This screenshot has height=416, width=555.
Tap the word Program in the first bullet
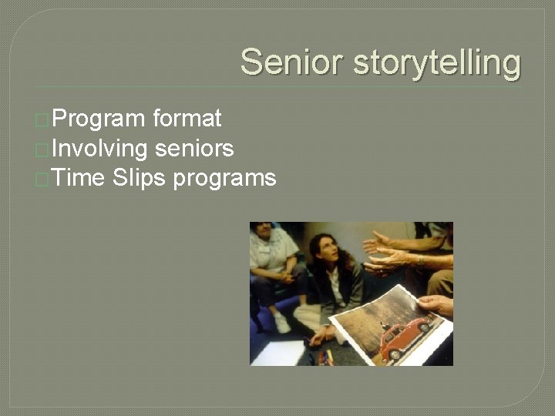click(x=99, y=119)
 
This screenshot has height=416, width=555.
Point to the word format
click(x=187, y=119)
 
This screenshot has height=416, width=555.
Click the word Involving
click(x=99, y=148)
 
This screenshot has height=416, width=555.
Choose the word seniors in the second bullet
click(x=194, y=148)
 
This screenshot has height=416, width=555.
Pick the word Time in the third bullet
click(x=79, y=178)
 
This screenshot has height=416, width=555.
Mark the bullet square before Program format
click(x=43, y=120)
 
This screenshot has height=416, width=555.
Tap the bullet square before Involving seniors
click(x=43, y=149)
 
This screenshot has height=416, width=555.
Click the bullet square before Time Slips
click(x=43, y=179)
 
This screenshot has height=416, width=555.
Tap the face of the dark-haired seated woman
click(x=325, y=253)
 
